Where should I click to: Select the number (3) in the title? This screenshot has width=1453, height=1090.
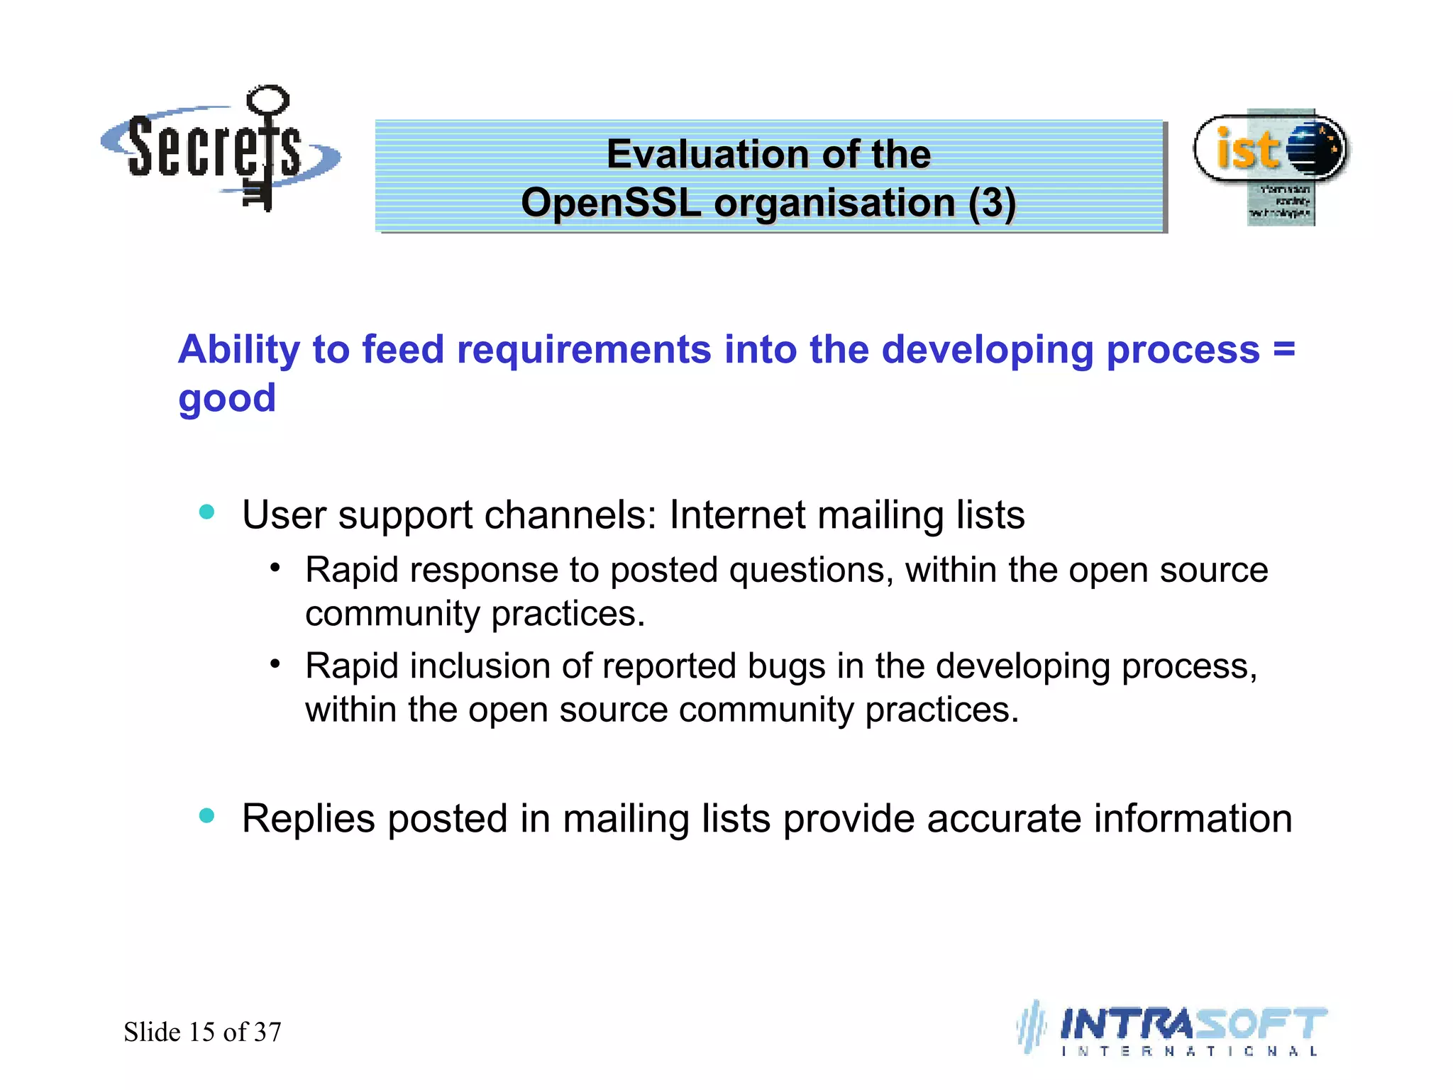(992, 203)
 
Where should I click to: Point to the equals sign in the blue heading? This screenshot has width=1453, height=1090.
(1283, 349)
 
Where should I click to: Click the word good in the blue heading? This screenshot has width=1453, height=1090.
(227, 398)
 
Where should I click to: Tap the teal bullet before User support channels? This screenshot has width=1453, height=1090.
(206, 512)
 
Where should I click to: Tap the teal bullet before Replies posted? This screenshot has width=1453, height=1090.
(206, 816)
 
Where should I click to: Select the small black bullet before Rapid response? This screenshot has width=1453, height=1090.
(275, 568)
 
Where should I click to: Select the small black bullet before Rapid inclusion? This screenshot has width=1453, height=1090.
(275, 664)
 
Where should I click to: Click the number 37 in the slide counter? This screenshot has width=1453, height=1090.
(267, 1032)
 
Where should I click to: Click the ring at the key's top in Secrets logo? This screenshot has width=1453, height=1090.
(268, 99)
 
